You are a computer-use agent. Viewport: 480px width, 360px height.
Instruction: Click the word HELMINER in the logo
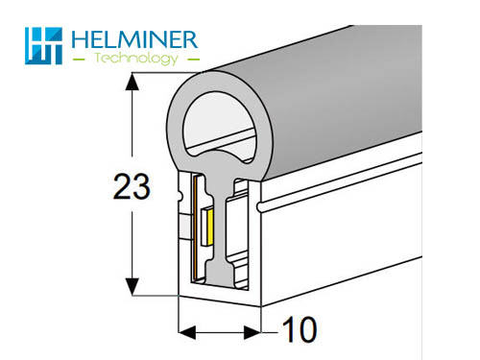(134, 39)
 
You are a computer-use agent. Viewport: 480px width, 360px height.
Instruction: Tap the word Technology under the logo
(136, 59)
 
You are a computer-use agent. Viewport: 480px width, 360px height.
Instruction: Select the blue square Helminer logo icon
(43, 46)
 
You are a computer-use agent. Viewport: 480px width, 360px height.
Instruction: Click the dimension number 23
(132, 186)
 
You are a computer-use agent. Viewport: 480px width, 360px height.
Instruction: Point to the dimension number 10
(300, 329)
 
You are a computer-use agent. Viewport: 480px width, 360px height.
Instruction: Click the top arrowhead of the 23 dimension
(132, 82)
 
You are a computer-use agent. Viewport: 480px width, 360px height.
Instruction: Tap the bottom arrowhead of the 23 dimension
(132, 287)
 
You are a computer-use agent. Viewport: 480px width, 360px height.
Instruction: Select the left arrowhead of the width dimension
(187, 332)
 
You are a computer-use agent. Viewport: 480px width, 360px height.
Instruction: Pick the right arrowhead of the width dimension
(252, 332)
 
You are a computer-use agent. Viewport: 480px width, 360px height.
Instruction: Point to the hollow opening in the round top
(219, 127)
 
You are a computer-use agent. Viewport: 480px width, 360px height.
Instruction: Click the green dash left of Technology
(79, 59)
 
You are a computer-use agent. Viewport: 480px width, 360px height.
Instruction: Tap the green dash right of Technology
(192, 59)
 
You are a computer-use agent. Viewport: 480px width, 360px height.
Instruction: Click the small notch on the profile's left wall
(180, 195)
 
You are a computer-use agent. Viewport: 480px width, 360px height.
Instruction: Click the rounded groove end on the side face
(260, 206)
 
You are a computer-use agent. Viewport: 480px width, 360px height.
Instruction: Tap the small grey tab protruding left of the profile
(185, 227)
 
